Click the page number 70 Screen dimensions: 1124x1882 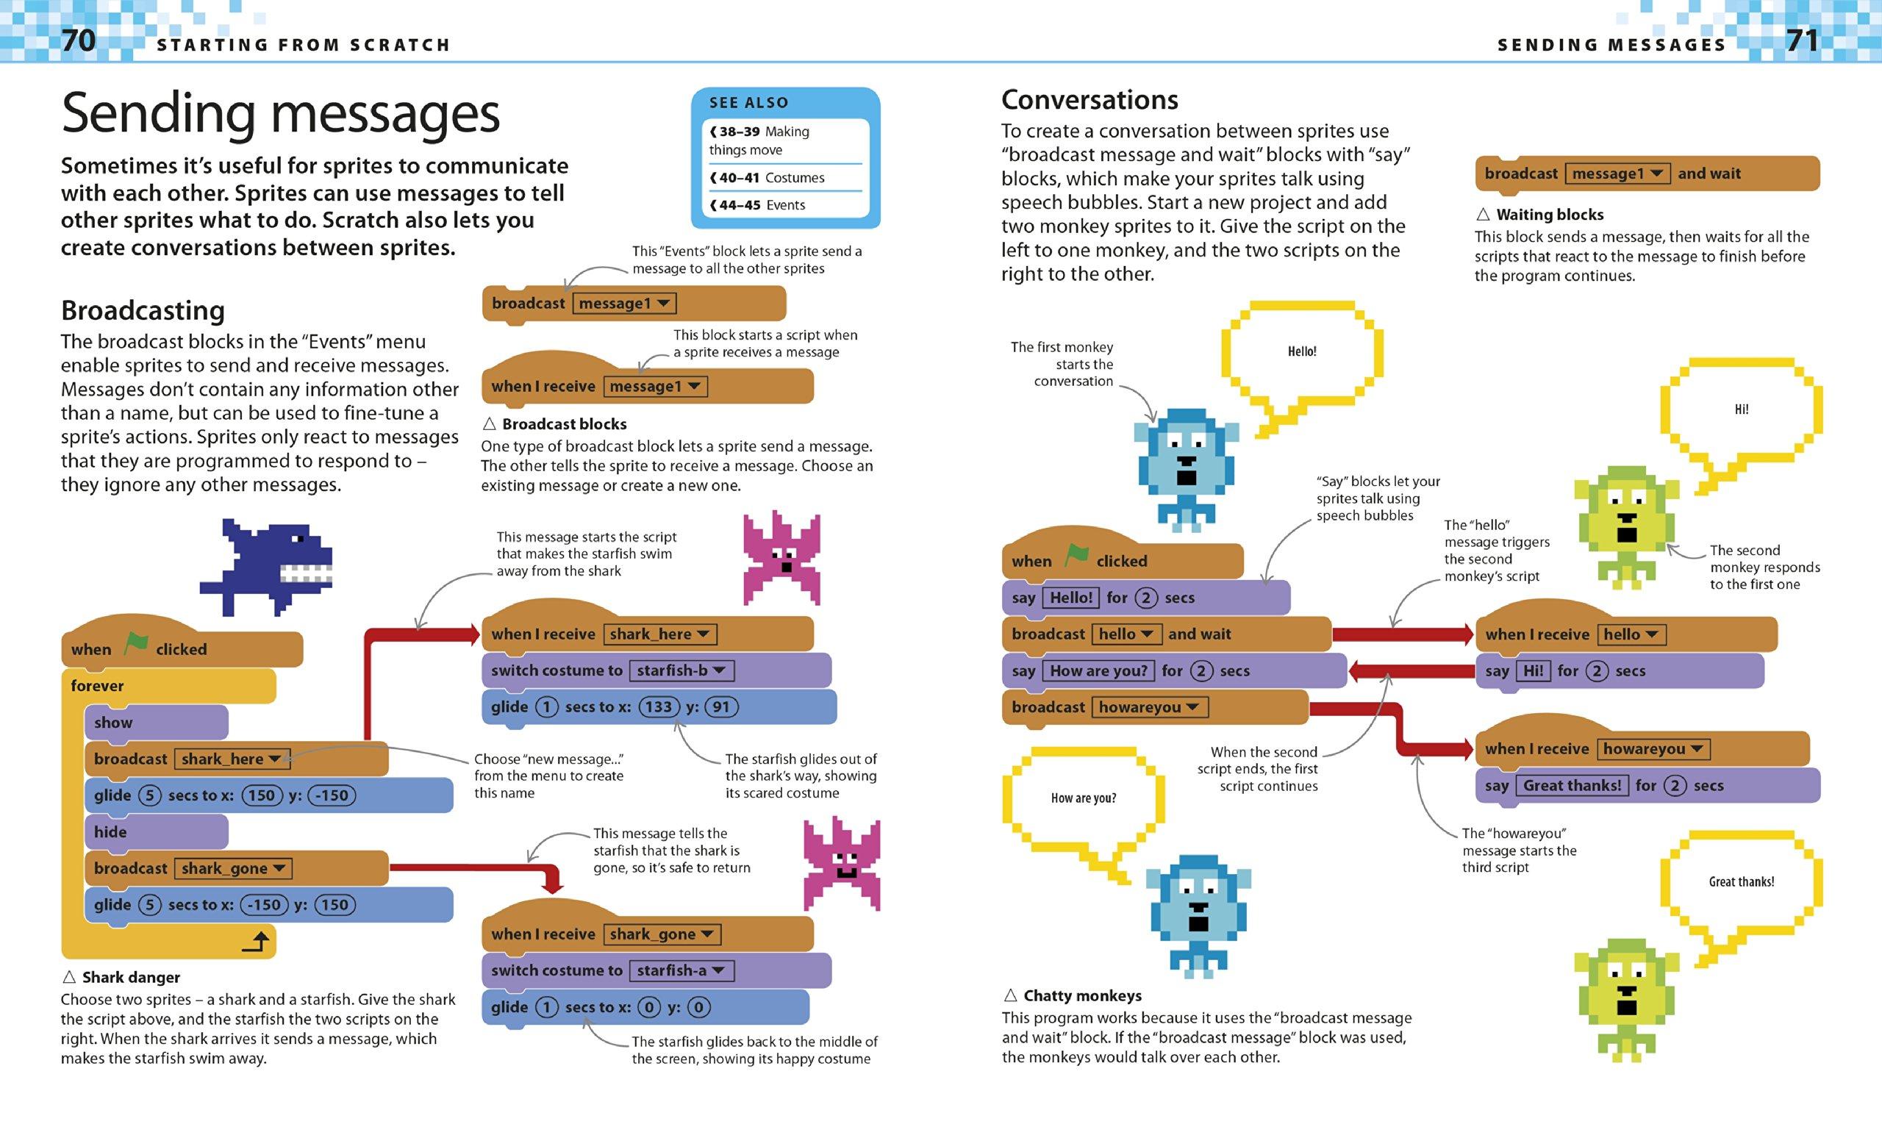78,41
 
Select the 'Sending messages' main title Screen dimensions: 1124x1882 280,114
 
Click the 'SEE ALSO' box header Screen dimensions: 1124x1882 748,103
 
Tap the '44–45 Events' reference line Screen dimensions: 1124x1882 757,205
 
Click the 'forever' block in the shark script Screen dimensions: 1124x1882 97,686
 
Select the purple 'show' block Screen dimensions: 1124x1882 114,723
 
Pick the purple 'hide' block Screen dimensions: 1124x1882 110,831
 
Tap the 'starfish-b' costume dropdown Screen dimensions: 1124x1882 681,670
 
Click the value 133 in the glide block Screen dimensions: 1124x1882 658,707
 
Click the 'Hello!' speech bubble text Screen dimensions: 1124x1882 1302,351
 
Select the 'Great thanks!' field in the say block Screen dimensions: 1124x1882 1572,785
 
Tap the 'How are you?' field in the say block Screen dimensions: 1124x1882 1098,671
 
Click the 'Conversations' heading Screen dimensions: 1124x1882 1089,100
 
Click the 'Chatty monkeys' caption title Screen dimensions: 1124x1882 1082,996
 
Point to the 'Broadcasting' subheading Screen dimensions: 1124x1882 143,310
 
